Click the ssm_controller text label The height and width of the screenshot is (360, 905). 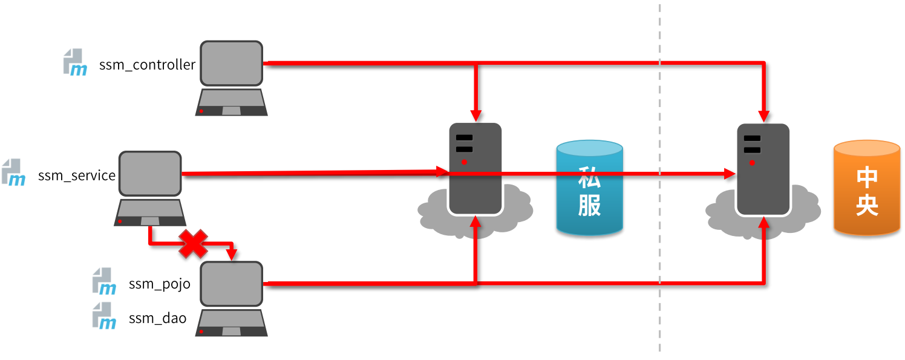coord(147,65)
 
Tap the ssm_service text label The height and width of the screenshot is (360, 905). coord(77,175)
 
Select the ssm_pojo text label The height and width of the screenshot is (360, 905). coord(160,284)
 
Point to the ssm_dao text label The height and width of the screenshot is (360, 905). coord(157,318)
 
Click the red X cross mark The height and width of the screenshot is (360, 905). coord(193,244)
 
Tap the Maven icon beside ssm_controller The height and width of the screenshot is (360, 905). coord(75,62)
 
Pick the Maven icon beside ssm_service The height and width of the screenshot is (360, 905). coord(14,172)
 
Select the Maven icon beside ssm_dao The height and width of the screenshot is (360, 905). coord(104,316)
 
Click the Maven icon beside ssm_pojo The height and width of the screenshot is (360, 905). coord(104,281)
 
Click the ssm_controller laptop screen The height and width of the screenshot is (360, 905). coord(232,64)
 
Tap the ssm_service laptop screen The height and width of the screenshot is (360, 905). coord(150,174)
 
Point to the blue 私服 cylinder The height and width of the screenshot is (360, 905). coord(589,188)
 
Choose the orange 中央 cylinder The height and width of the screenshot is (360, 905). coord(867,188)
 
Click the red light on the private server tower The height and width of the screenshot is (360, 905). coord(464,162)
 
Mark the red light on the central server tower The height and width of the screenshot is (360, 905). coord(752,163)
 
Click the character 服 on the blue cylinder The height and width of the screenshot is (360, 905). coord(589,205)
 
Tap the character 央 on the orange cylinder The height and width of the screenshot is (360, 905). coord(867,205)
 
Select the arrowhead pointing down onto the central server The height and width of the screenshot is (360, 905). coord(763,116)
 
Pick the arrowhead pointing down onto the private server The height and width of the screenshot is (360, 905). coord(476,116)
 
